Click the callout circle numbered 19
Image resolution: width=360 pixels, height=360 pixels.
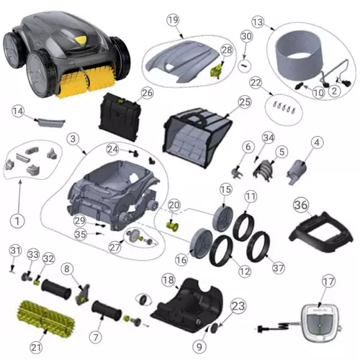click(172, 20)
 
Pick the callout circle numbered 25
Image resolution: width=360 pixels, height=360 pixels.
click(245, 103)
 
